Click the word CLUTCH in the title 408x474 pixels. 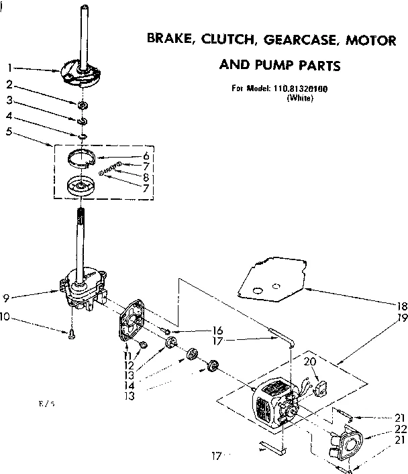[x=215, y=41]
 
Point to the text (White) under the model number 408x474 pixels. [x=299, y=98]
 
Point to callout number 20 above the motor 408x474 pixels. [x=309, y=361]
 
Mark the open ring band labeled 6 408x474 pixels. [x=87, y=161]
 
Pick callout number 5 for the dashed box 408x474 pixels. [x=9, y=132]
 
